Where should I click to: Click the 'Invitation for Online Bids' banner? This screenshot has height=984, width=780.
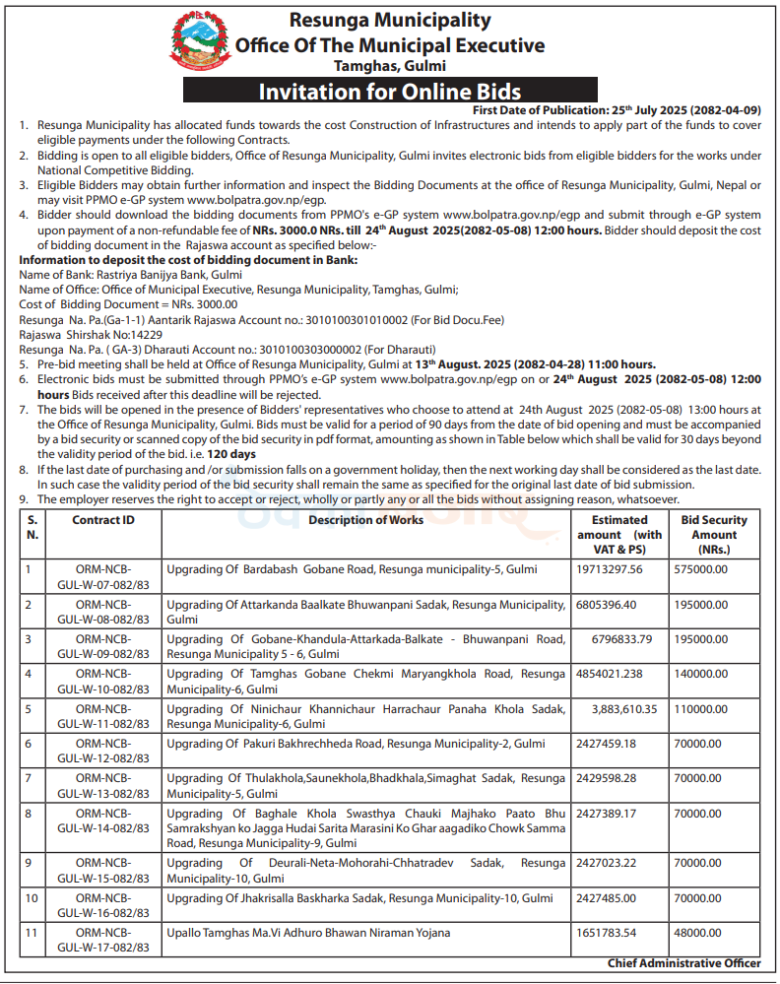click(x=389, y=93)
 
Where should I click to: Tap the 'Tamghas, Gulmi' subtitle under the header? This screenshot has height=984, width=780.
click(x=389, y=66)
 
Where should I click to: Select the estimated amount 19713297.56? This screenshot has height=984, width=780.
click(x=608, y=569)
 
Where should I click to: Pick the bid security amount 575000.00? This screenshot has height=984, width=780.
click(x=706, y=569)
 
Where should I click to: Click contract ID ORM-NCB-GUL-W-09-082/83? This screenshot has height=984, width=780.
click(x=102, y=646)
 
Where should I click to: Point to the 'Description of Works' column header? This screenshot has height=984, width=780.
click(x=366, y=520)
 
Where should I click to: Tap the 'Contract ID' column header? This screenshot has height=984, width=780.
click(x=102, y=520)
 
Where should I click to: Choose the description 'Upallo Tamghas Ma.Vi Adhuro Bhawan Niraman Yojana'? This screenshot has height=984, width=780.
click(x=308, y=933)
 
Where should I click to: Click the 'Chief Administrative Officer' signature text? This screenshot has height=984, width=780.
click(x=683, y=963)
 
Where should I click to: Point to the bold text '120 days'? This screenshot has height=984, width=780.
click(x=230, y=454)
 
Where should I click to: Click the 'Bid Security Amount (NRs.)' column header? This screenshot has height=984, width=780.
click(x=714, y=534)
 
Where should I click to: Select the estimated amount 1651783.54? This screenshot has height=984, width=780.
click(x=606, y=933)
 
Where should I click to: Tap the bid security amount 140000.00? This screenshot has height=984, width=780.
click(x=706, y=674)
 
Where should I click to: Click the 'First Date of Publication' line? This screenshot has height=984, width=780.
click(x=617, y=109)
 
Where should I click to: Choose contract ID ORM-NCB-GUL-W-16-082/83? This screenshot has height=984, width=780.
click(x=102, y=905)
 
